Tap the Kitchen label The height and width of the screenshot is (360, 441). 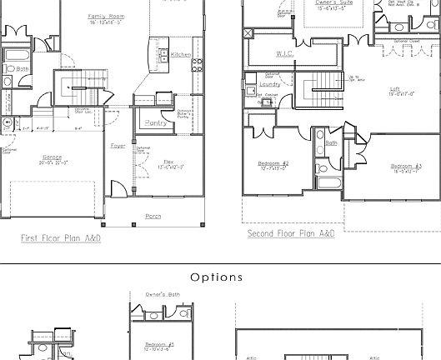click(x=180, y=55)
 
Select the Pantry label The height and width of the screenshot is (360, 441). click(x=155, y=122)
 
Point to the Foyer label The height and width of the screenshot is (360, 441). click(x=118, y=146)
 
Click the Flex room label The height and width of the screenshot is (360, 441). click(x=168, y=162)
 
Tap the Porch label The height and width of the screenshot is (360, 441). click(x=153, y=216)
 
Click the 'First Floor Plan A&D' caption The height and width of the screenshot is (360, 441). click(x=61, y=238)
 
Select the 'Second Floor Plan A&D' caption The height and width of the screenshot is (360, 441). click(x=291, y=234)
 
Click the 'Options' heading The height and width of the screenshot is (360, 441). click(x=217, y=277)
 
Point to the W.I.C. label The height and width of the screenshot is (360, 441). click(x=284, y=54)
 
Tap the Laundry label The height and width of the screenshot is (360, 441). click(x=269, y=83)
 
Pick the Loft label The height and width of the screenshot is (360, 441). click(x=395, y=88)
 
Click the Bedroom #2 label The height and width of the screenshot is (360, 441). click(x=274, y=162)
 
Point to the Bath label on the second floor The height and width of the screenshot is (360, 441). click(x=331, y=142)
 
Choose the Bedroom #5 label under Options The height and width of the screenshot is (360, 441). click(x=159, y=344)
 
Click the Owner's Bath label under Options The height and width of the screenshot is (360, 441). click(x=163, y=294)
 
